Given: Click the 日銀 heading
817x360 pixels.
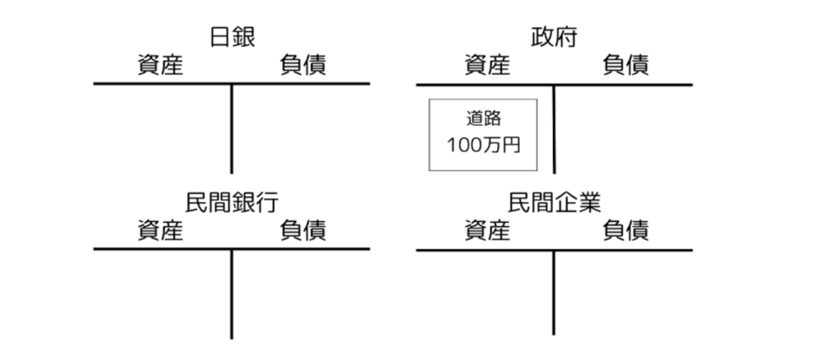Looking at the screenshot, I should pyautogui.click(x=232, y=37).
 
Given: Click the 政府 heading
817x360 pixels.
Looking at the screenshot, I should pyautogui.click(x=554, y=37).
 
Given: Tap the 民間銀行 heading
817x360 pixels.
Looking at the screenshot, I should pyautogui.click(x=232, y=202).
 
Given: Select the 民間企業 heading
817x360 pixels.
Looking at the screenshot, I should pyautogui.click(x=554, y=202).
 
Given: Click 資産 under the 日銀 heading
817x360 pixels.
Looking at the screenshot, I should pyautogui.click(x=160, y=65).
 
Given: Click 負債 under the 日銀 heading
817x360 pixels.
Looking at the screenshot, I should pyautogui.click(x=302, y=65).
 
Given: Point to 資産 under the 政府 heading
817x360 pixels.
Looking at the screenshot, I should pyautogui.click(x=486, y=65).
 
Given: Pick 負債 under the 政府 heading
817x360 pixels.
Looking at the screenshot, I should pyautogui.click(x=626, y=65).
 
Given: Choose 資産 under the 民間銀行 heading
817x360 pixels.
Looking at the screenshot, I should pyautogui.click(x=160, y=231).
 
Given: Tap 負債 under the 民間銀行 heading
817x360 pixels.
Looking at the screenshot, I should pyautogui.click(x=302, y=231).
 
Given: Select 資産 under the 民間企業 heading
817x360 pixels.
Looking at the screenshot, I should pyautogui.click(x=486, y=231).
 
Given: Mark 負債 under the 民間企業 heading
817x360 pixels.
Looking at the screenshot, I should pyautogui.click(x=626, y=231).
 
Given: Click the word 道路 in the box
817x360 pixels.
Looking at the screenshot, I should pyautogui.click(x=483, y=120).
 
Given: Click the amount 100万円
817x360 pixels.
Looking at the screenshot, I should pyautogui.click(x=483, y=147).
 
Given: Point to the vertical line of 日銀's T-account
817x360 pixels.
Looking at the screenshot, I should pyautogui.click(x=232, y=128).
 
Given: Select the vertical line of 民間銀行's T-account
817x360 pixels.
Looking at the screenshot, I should pyautogui.click(x=232, y=294).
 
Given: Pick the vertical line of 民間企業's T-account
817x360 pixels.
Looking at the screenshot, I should pyautogui.click(x=554, y=294).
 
